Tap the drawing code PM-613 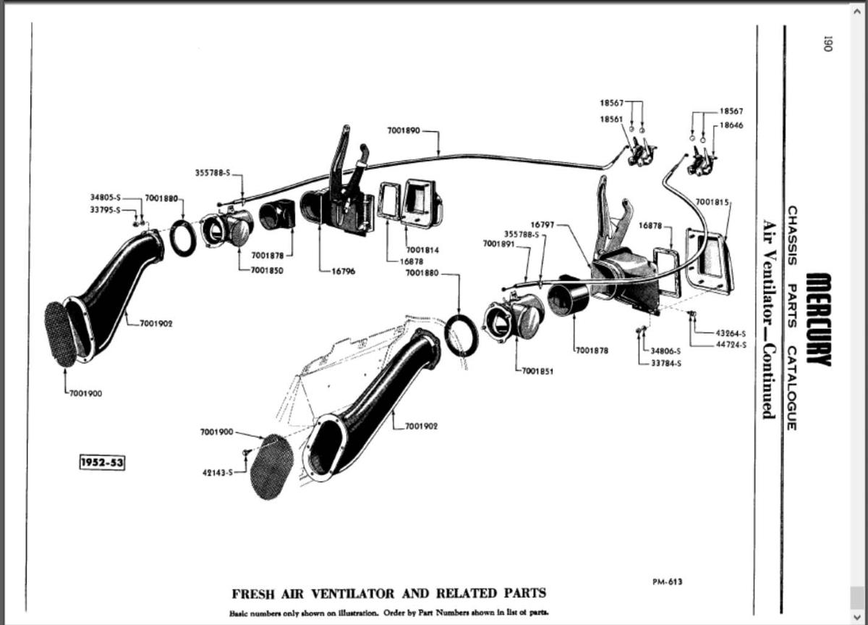click(666, 581)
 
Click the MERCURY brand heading click(818, 319)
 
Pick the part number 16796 click(342, 272)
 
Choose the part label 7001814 click(423, 250)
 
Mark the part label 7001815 click(712, 201)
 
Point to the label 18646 click(732, 125)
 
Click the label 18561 click(612, 119)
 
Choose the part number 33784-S click(667, 362)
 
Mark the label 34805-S click(106, 197)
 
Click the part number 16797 click(542, 225)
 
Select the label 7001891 click(498, 243)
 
